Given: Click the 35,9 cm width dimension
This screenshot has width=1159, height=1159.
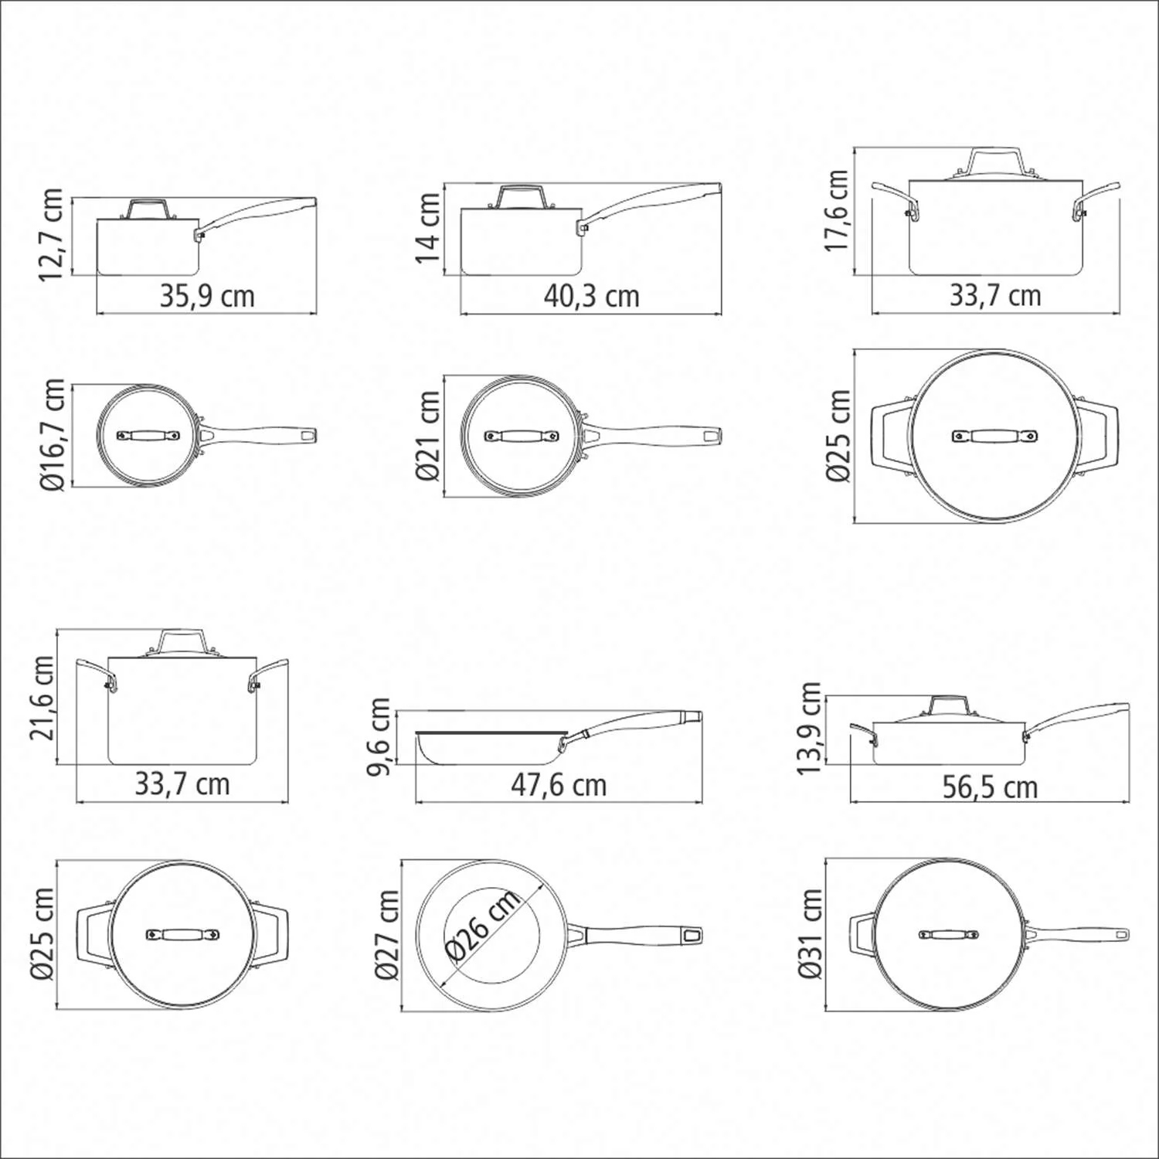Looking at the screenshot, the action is pos(207,297).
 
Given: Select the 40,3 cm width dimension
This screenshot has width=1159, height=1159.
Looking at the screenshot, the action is pos(591,297).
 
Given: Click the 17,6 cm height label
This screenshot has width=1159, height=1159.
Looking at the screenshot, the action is pos(837,210).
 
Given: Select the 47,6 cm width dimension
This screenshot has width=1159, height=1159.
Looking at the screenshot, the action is pos(559,786).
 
